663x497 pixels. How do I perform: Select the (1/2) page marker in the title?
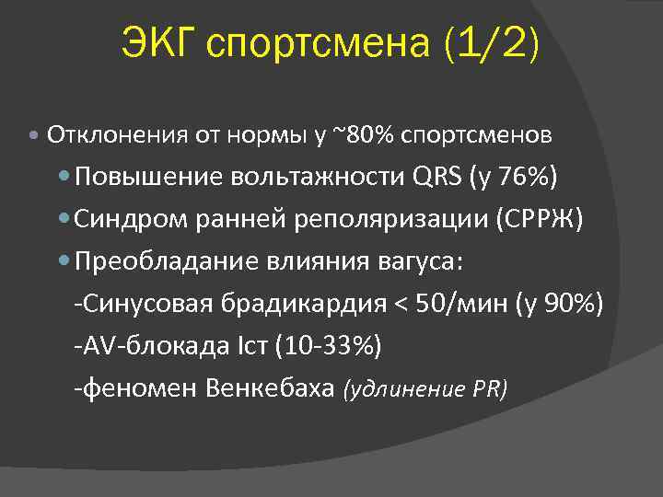pos(491,44)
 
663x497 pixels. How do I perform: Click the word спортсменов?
pos(476,136)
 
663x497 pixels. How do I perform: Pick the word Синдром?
pos(127,220)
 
